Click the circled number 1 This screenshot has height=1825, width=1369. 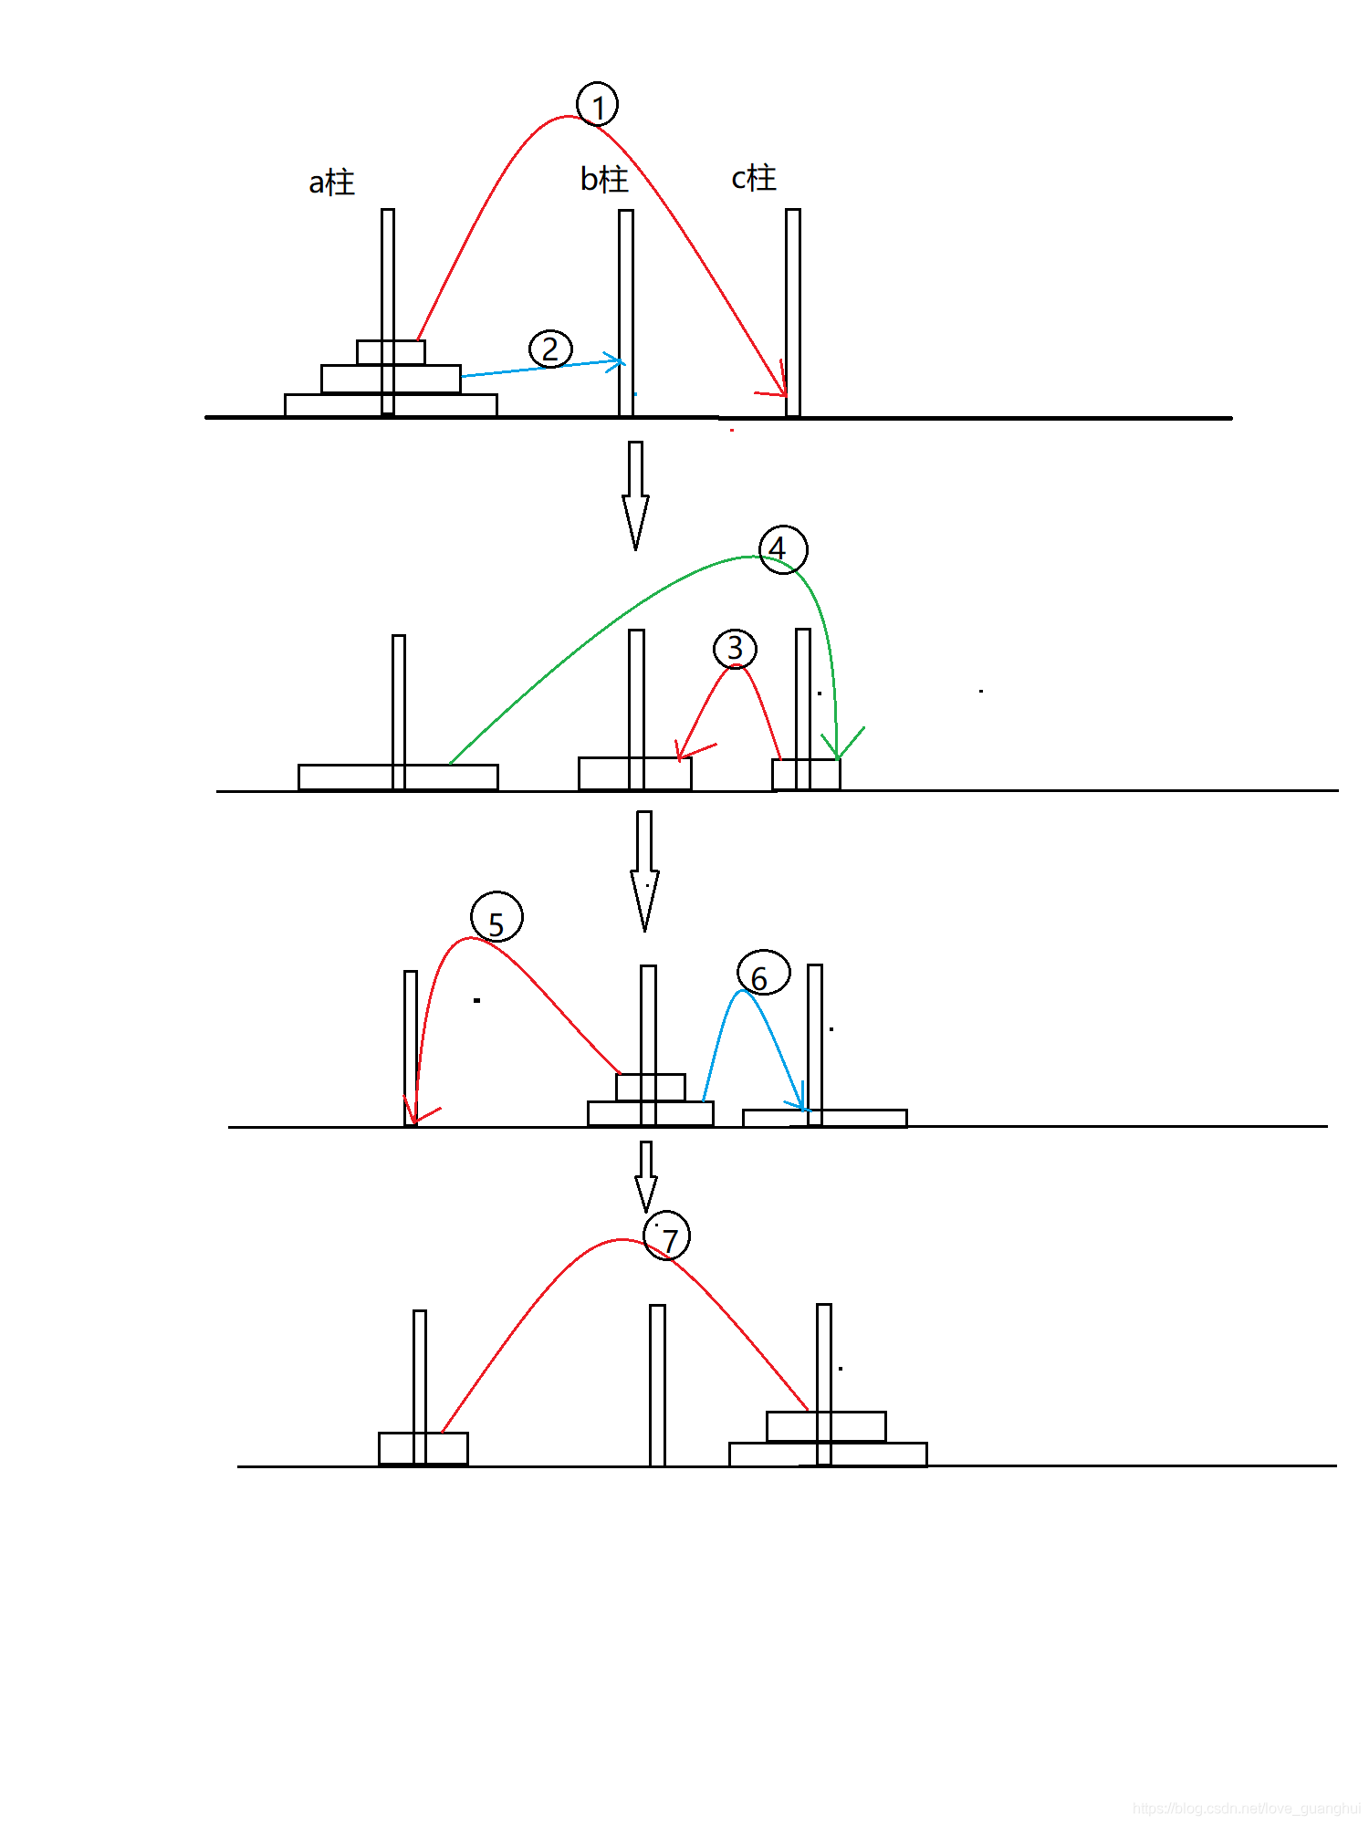click(598, 105)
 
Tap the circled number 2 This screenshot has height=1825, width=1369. click(550, 349)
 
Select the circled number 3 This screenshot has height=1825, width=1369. click(735, 649)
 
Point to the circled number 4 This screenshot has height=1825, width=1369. click(783, 549)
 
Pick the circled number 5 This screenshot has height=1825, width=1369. click(497, 917)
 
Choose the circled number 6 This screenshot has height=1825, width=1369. click(764, 973)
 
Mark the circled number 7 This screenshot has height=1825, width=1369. click(667, 1237)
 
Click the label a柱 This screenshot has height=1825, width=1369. click(331, 182)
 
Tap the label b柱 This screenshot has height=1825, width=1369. click(604, 179)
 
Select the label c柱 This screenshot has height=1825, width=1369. click(754, 178)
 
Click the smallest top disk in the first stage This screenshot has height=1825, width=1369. click(391, 352)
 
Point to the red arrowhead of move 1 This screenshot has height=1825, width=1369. click(776, 383)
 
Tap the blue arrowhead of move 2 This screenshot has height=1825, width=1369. click(615, 362)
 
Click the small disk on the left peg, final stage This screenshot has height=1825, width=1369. click(423, 1448)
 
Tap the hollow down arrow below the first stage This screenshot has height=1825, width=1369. click(636, 495)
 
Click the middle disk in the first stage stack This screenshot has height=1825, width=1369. click(391, 379)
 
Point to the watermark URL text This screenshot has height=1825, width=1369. click(1246, 1808)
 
